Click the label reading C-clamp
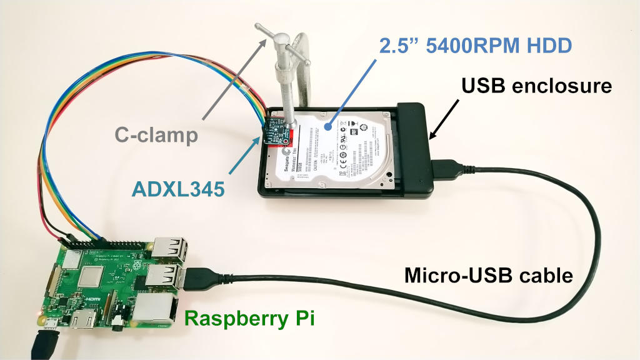[x=157, y=134]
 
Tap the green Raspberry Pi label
[x=250, y=319]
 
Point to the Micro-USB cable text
[x=489, y=275]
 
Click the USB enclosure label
[x=536, y=86]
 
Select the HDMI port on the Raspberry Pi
[x=83, y=320]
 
